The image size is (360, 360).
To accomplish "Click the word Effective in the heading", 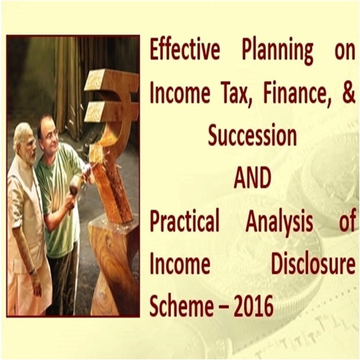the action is tap(185, 51).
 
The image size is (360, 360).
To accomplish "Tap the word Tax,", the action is tap(234, 94).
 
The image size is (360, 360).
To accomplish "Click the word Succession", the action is tap(252, 136).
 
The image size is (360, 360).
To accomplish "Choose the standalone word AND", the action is tap(252, 178).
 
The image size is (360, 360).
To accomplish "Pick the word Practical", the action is tap(185, 220).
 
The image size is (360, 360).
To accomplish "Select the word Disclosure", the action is tap(313, 264).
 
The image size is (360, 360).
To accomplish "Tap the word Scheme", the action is tap(181, 305).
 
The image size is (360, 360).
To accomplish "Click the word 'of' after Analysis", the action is tap(347, 220).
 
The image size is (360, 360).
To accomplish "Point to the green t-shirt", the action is tap(60, 192).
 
